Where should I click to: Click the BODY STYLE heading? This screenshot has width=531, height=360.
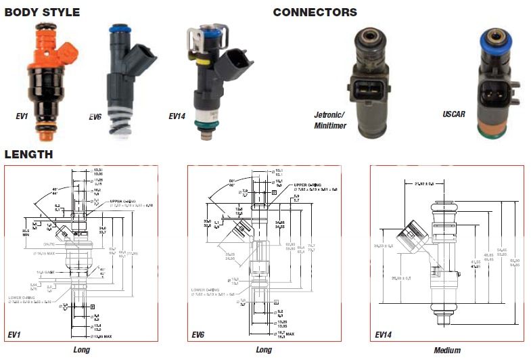click(x=42, y=12)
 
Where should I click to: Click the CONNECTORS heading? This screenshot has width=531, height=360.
click(x=315, y=12)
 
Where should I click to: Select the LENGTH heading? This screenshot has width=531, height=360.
click(x=28, y=154)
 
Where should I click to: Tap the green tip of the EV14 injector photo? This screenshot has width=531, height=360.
click(x=204, y=123)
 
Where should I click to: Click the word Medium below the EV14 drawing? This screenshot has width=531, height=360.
click(x=447, y=351)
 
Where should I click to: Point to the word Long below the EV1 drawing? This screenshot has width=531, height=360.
click(x=81, y=350)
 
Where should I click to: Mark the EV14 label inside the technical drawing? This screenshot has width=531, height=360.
click(x=384, y=334)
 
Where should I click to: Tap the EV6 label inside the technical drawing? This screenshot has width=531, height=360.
click(x=198, y=334)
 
